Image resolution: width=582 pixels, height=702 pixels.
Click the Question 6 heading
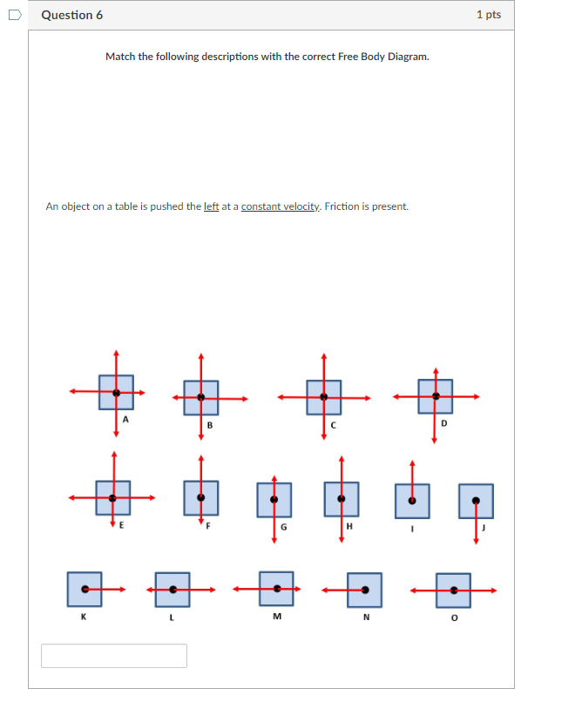pyautogui.click(x=72, y=15)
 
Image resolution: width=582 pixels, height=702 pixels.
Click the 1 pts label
pyautogui.click(x=489, y=15)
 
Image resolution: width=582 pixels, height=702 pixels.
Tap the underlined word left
pyautogui.click(x=211, y=206)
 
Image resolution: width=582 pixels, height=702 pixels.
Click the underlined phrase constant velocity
pyautogui.click(x=281, y=206)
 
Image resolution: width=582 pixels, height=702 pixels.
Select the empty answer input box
pyautogui.click(x=114, y=656)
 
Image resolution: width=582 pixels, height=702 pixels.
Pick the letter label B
pyautogui.click(x=209, y=425)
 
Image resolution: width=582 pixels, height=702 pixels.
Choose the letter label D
pyautogui.click(x=443, y=423)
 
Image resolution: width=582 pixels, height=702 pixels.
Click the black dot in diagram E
pyautogui.click(x=112, y=498)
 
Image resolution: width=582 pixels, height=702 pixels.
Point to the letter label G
pyautogui.click(x=283, y=529)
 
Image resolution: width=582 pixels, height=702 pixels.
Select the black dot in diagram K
pyautogui.click(x=85, y=590)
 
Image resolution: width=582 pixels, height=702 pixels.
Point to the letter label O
pyautogui.click(x=454, y=618)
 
